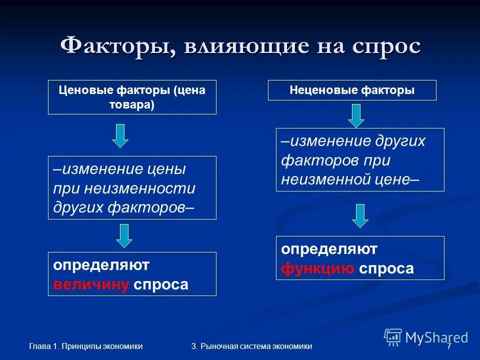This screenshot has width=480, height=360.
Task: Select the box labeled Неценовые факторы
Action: (x=352, y=90)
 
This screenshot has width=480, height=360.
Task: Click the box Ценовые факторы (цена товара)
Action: (x=132, y=97)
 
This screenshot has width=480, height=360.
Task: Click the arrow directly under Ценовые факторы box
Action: (x=120, y=135)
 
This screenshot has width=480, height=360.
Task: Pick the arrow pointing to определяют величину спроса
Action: (x=124, y=235)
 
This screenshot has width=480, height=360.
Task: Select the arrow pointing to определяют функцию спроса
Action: (x=359, y=215)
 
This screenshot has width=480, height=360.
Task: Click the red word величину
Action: (x=90, y=285)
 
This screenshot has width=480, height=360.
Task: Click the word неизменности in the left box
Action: (x=139, y=189)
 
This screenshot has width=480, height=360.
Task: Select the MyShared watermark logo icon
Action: (x=393, y=337)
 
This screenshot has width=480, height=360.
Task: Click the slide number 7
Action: (x=449, y=346)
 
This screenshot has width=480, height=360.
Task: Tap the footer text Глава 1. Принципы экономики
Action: (x=85, y=346)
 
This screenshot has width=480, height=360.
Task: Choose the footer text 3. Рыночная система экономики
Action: (x=251, y=346)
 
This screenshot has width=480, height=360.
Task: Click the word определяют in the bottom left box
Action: (x=101, y=265)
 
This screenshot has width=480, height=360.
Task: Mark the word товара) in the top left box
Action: (x=132, y=105)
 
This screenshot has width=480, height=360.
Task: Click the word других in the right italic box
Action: (x=399, y=141)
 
